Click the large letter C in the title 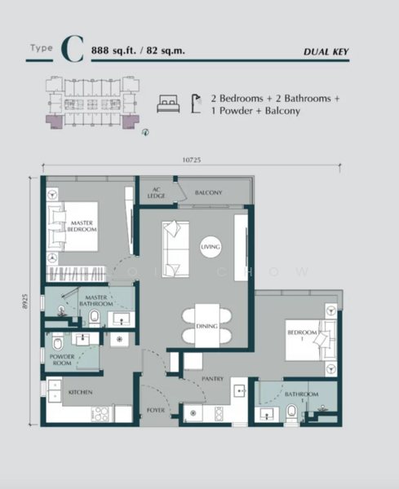tap(72, 49)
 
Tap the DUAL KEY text tap(326, 52)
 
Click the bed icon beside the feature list tap(168, 104)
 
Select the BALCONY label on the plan tap(208, 193)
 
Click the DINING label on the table tap(206, 326)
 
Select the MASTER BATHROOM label tap(92, 300)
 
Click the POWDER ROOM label tap(62, 359)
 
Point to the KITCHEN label tap(80, 393)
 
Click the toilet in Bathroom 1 tap(291, 414)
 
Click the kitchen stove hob tap(100, 413)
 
